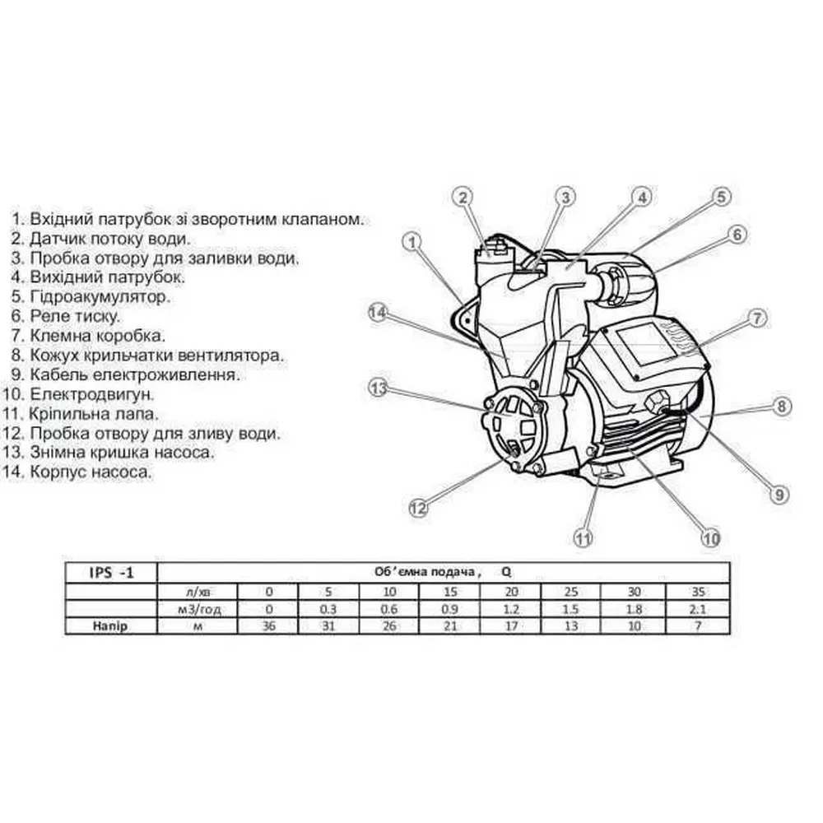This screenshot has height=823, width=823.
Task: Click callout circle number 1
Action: [x=412, y=242]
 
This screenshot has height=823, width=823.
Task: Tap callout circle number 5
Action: [x=722, y=197]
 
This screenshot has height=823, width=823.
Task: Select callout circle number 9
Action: [x=779, y=494]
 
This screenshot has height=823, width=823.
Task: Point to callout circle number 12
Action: [x=418, y=508]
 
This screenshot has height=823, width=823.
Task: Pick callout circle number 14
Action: [x=378, y=313]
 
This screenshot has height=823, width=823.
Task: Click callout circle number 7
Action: [x=757, y=318]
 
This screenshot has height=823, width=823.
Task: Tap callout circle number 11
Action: [x=584, y=538]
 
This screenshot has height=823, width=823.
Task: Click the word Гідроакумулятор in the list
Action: [x=100, y=296]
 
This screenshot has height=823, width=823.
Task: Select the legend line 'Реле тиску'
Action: [x=66, y=316]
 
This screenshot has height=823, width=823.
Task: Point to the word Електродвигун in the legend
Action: [x=92, y=394]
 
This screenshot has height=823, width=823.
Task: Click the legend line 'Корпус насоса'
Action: [x=77, y=472]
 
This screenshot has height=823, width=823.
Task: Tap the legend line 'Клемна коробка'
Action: [x=88, y=336]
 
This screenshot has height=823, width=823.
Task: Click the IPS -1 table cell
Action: [x=111, y=573]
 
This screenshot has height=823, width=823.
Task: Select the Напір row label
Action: [x=110, y=625]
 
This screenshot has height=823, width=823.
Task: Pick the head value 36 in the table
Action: [x=269, y=625]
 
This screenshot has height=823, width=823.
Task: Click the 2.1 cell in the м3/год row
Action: [x=698, y=609]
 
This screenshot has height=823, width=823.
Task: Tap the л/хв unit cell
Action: [x=198, y=592]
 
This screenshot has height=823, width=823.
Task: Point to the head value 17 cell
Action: [x=511, y=625]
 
